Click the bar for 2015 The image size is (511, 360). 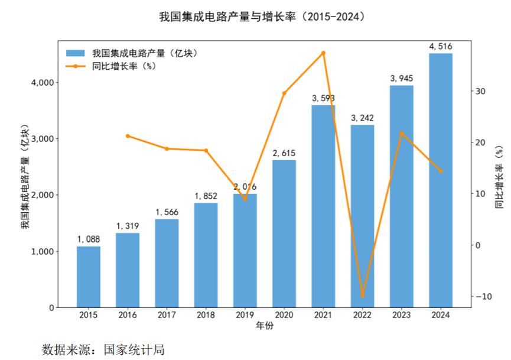(x=88, y=277)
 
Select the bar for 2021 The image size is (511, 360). (x=323, y=207)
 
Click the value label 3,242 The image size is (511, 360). (x=362, y=118)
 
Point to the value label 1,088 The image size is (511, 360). (x=88, y=239)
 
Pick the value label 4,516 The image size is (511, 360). (x=441, y=46)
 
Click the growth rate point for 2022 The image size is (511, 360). (x=362, y=296)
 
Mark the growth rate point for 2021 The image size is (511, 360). (x=323, y=53)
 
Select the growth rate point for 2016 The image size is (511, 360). (x=128, y=136)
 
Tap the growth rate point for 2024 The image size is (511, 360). (x=441, y=171)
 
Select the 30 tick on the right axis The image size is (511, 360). (x=480, y=92)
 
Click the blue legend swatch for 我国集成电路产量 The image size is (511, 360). (x=76, y=53)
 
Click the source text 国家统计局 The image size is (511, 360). (x=135, y=349)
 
